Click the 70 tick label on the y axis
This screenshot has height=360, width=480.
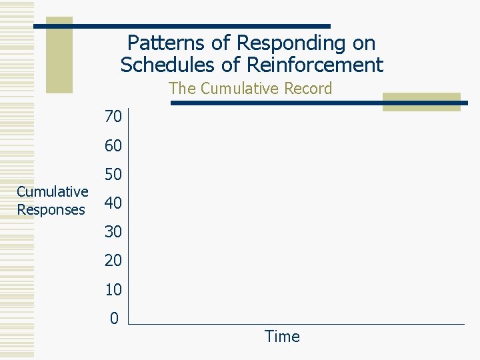point(113,117)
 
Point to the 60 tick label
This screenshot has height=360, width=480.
point(113,146)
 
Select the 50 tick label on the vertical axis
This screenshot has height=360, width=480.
point(113,175)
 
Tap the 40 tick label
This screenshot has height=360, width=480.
point(113,203)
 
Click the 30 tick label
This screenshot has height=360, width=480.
point(113,232)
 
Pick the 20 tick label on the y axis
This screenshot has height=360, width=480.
point(113,261)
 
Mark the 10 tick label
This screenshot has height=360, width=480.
point(113,290)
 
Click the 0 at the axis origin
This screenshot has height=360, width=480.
point(114,319)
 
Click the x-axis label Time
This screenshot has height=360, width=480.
point(282,337)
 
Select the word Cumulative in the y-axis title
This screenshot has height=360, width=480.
point(52,192)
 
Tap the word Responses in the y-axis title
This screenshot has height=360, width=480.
point(51,210)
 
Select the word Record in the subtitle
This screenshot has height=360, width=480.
point(305,89)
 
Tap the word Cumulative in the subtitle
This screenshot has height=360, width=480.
point(235,89)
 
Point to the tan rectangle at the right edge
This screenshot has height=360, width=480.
point(421,101)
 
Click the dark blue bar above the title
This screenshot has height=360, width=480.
point(181,26)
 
